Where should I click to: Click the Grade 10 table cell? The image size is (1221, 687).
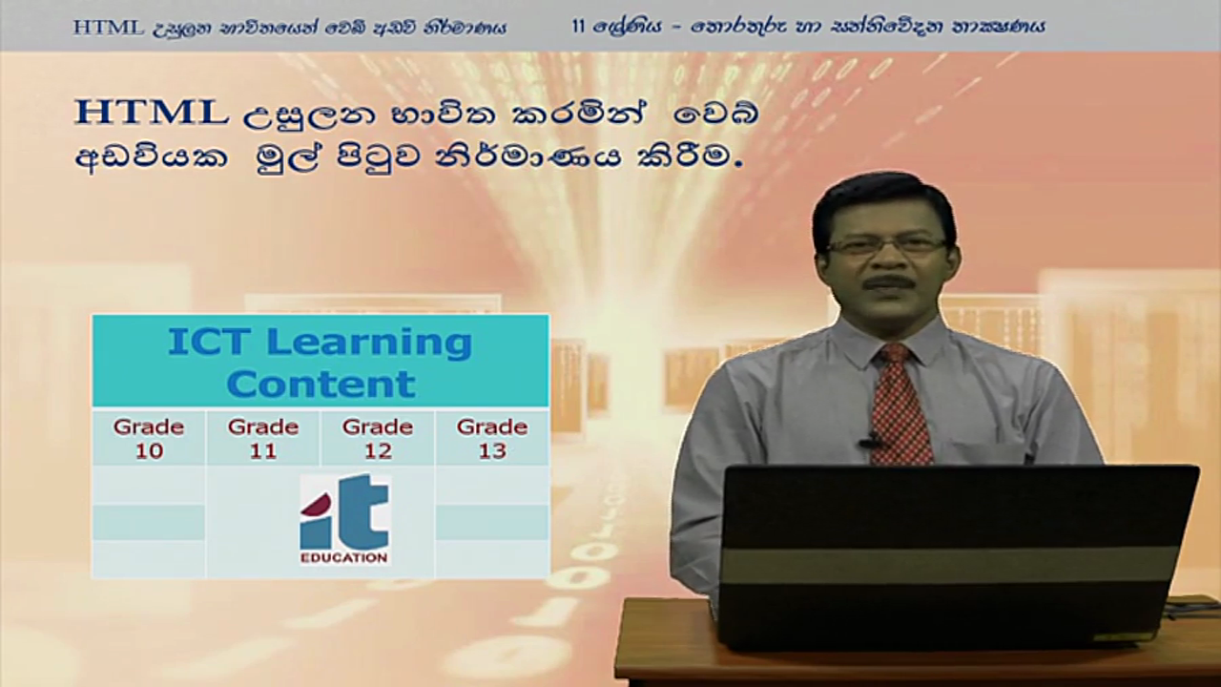pyautogui.click(x=149, y=438)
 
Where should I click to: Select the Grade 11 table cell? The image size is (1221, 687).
pyautogui.click(x=263, y=438)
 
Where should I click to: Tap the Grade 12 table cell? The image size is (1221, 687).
pyautogui.click(x=378, y=438)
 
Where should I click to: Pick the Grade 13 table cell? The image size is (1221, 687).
pyautogui.click(x=492, y=438)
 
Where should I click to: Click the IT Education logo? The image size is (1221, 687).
pyautogui.click(x=344, y=519)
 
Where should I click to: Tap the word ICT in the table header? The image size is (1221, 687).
pyautogui.click(x=213, y=342)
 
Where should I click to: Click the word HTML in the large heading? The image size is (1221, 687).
pyautogui.click(x=151, y=113)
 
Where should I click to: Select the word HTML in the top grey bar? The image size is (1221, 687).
pyautogui.click(x=109, y=28)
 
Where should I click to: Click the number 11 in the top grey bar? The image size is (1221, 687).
pyautogui.click(x=578, y=26)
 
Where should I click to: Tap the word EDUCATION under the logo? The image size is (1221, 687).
pyautogui.click(x=344, y=558)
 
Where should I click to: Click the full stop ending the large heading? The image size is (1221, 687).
pyautogui.click(x=739, y=164)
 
